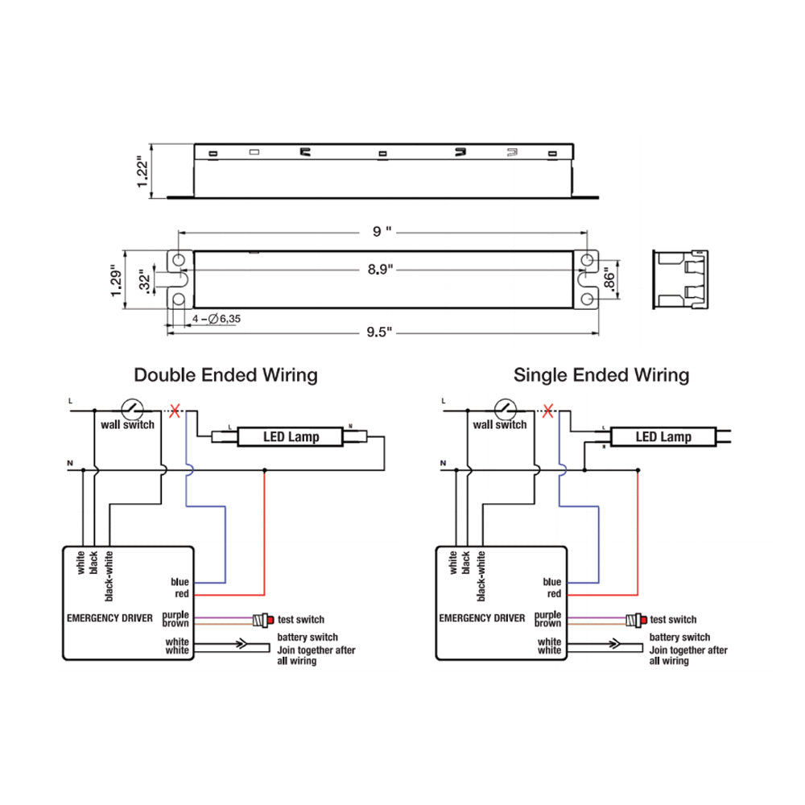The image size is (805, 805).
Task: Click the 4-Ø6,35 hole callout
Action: [x=217, y=320]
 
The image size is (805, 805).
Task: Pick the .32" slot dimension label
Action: [x=144, y=280]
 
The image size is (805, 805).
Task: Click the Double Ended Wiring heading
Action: [x=225, y=375]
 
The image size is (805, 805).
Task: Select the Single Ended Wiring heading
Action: [x=601, y=375]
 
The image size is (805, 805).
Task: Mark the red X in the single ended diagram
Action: [x=549, y=411]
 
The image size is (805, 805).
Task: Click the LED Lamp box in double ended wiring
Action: [x=291, y=437]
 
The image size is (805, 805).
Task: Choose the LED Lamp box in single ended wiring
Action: [x=663, y=437]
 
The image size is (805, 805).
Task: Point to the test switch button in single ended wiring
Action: [x=638, y=620]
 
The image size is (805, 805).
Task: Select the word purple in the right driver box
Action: [x=548, y=615]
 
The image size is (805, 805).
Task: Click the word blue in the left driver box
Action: [x=180, y=582]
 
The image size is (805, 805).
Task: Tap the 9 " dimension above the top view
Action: [x=382, y=232]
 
